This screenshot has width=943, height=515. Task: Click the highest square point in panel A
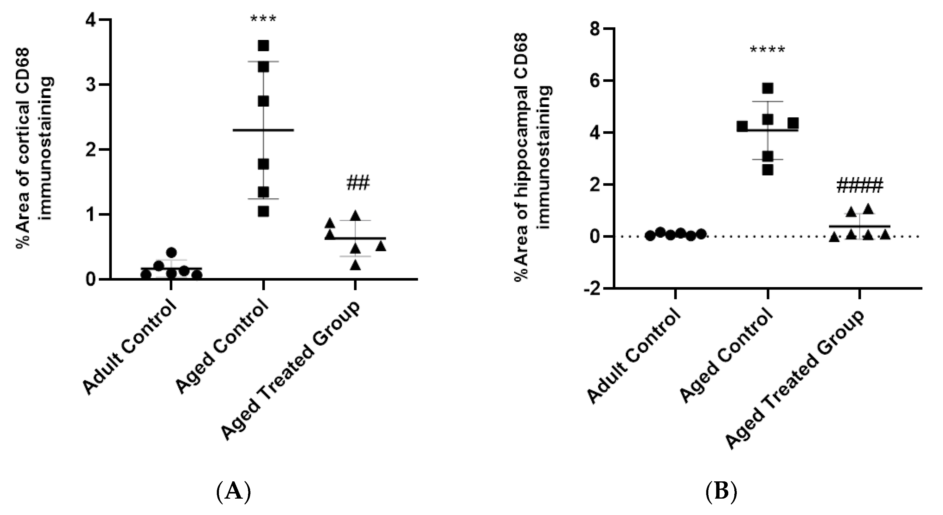tap(263, 46)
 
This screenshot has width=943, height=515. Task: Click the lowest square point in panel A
tap(263, 212)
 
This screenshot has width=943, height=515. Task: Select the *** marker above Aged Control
tap(263, 19)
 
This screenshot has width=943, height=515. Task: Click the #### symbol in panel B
tap(859, 186)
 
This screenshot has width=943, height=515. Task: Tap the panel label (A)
tap(233, 491)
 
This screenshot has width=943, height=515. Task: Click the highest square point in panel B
tap(767, 88)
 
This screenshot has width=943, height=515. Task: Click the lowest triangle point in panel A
tap(355, 265)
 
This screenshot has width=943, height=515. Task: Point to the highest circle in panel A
tap(171, 252)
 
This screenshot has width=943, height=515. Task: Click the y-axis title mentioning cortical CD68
tap(35, 149)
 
